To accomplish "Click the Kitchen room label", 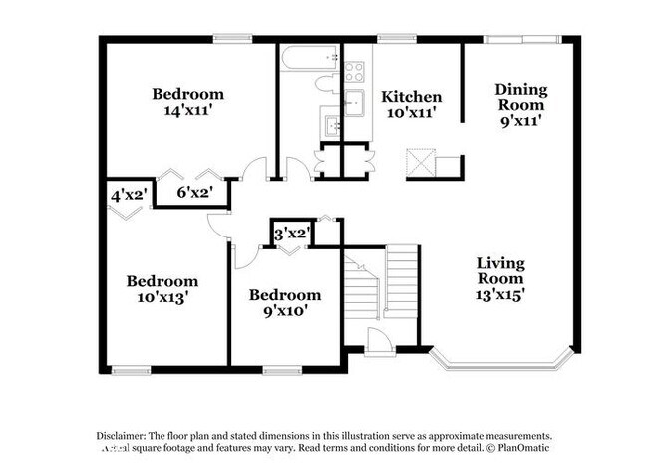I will (x=411, y=97).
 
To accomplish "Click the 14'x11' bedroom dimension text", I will (x=187, y=110).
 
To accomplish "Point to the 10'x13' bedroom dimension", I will (x=161, y=296).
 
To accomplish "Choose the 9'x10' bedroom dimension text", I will (x=285, y=310).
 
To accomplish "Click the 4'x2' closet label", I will (x=129, y=196).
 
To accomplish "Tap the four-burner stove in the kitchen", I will (x=354, y=71).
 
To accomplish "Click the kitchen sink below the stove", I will (x=354, y=102).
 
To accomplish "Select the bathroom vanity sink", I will (x=333, y=126).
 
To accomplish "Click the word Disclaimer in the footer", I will (x=121, y=437).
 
